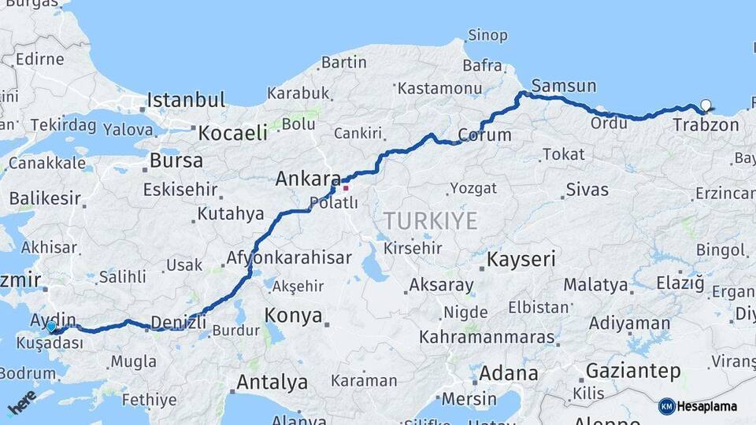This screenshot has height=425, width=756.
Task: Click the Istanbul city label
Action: pos(187,100)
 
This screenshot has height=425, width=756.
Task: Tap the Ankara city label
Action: pos(307,179)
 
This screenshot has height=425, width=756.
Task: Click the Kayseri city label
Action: pos(521,259)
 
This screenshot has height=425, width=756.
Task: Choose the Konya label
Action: pos(293,316)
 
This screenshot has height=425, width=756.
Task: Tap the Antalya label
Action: pos(272,383)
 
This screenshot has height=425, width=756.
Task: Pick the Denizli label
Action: pos(178,321)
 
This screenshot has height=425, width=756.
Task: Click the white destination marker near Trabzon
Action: pos(706,105)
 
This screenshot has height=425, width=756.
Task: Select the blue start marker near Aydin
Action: pos(51,327)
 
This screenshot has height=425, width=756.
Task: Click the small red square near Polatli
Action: pos(345,188)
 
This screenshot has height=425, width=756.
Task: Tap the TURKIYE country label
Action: pos(430,221)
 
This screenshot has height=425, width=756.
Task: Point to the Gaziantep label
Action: pos(633,371)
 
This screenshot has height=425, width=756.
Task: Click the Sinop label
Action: pos(487,35)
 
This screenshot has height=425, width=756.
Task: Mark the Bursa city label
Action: pos(176,161)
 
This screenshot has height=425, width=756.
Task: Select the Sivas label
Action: pos(587,190)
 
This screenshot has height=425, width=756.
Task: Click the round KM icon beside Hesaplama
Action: pos(667,406)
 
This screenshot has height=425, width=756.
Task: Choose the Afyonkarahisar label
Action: pos(289,257)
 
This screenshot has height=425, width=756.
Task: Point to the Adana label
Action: pos(508,372)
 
